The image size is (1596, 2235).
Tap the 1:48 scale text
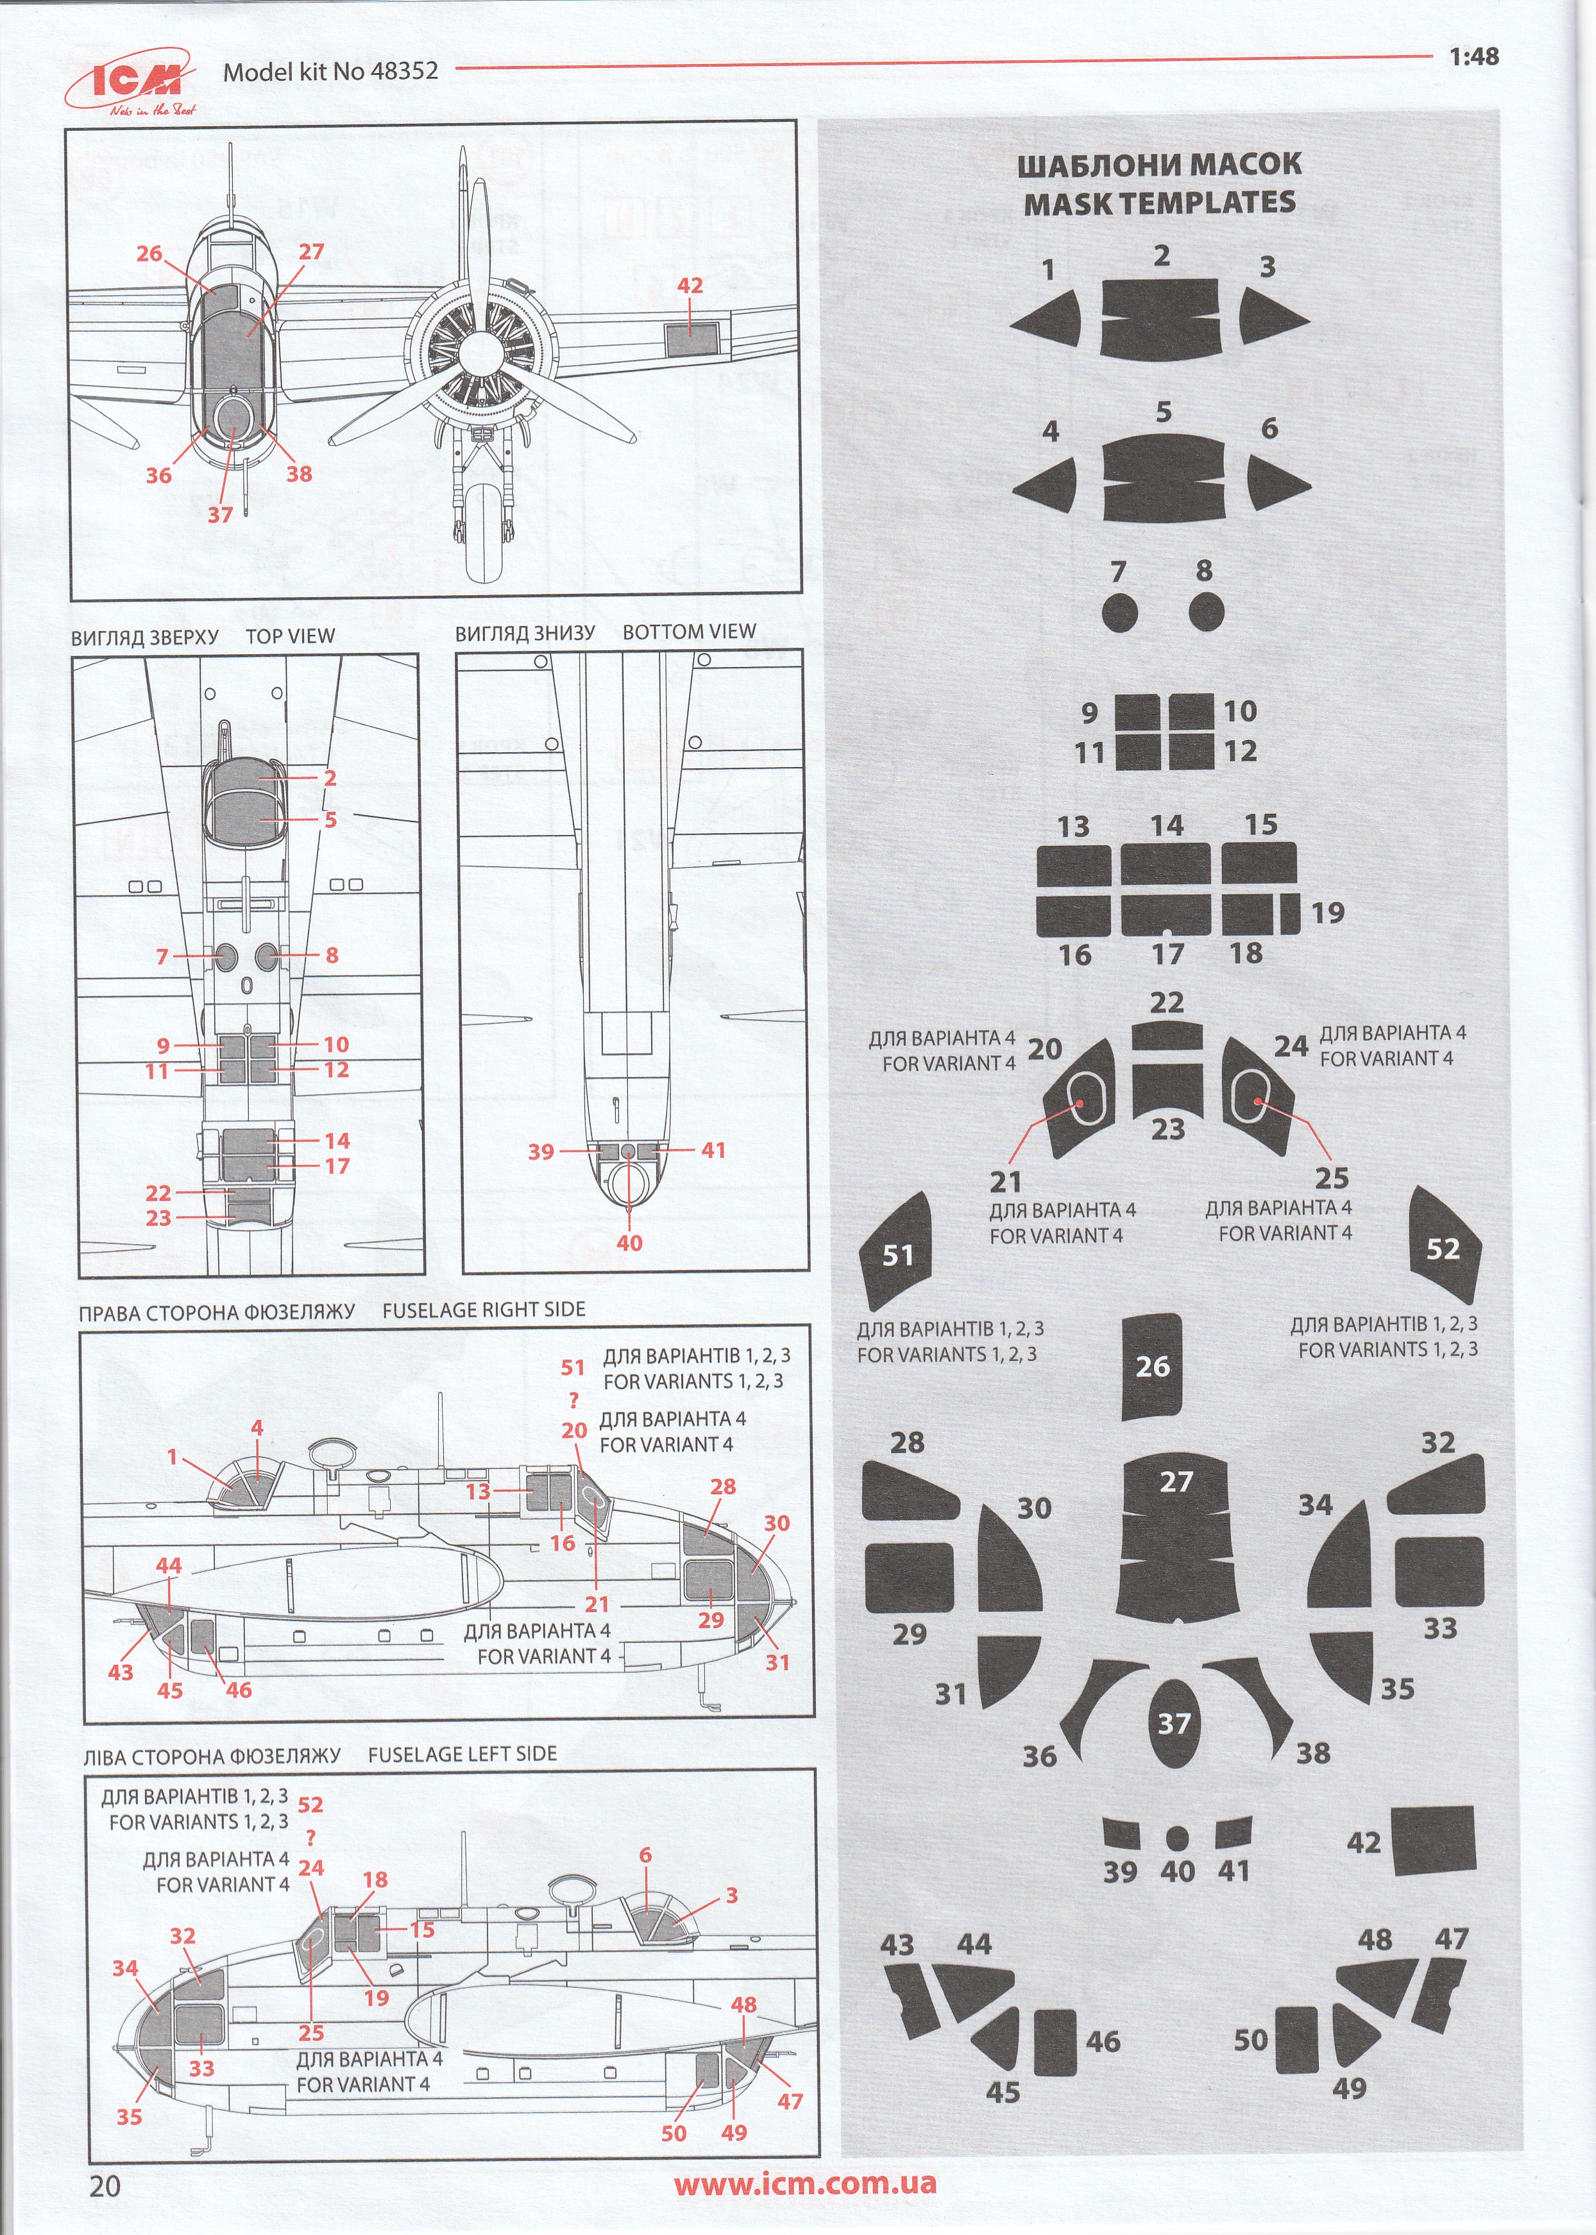click(x=1473, y=57)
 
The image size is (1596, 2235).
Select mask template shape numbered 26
click(x=1152, y=1365)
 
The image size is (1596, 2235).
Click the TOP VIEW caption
click(x=290, y=636)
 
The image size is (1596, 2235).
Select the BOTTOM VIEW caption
click(x=689, y=632)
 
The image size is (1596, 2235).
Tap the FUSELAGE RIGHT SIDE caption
click(x=484, y=1310)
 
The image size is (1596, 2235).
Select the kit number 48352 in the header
click(x=405, y=70)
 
